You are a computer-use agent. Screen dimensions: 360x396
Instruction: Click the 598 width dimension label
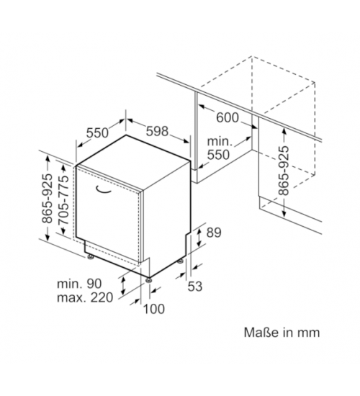(157, 131)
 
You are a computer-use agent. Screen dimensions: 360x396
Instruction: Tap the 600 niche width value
(228, 117)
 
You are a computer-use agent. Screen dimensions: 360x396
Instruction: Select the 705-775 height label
(63, 199)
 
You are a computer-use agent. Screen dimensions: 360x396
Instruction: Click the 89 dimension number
(214, 233)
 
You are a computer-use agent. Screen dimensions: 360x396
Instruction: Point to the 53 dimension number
(195, 287)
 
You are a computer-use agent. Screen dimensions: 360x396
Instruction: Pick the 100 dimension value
(154, 309)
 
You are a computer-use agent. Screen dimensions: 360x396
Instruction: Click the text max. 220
(85, 297)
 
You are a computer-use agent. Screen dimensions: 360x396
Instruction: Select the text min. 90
(79, 284)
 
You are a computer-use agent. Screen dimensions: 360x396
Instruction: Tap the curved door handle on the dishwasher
(103, 191)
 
